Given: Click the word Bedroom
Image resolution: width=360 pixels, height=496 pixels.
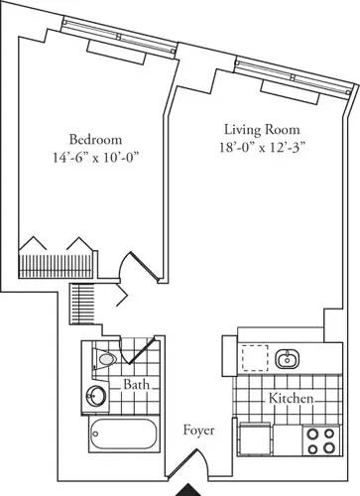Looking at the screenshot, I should tap(96, 138).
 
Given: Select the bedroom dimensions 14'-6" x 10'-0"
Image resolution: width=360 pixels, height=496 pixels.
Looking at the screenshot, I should tap(96, 156).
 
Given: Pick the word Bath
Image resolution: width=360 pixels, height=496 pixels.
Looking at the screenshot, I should tap(137, 384).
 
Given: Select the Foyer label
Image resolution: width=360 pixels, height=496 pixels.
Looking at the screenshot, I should tap(200, 432).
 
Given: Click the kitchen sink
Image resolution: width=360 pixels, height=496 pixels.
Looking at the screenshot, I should tap(291, 357).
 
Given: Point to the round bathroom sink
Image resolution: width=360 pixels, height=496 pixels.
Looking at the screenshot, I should tap(95, 396).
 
